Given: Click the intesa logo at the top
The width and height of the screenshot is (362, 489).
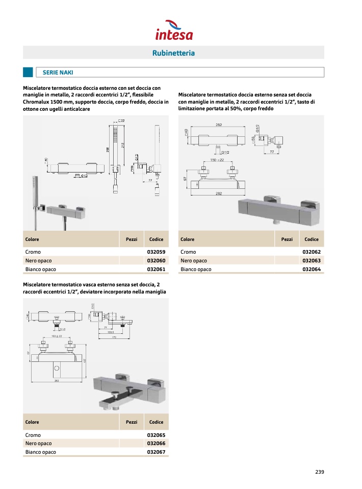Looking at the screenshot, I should [174, 30].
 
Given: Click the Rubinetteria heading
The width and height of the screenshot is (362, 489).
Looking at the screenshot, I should [174, 53].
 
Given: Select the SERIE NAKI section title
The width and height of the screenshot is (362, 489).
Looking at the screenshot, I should [58, 72].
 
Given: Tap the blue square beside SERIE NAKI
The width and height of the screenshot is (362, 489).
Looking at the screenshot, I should [28, 72].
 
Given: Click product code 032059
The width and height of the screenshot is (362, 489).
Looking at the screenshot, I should [156, 252].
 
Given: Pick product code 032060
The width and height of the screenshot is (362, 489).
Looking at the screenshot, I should [156, 261].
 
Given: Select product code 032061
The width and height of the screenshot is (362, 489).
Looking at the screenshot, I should [156, 270].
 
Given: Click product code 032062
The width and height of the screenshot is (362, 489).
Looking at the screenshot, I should [312, 252].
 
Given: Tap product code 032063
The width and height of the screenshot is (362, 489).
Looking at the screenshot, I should [312, 261].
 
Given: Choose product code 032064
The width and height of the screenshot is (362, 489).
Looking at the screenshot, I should [312, 270].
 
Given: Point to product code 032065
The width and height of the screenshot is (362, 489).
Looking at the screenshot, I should [156, 435].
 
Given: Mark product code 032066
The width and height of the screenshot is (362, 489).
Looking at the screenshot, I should [156, 444].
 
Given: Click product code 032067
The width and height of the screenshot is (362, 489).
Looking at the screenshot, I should [156, 452].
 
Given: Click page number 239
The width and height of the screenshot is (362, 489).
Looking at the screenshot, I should [320, 472].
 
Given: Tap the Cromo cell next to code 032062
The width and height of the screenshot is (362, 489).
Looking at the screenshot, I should [188, 252].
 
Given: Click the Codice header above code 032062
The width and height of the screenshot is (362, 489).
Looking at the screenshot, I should [312, 239].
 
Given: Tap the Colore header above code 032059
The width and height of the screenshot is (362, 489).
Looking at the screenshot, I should [32, 239].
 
